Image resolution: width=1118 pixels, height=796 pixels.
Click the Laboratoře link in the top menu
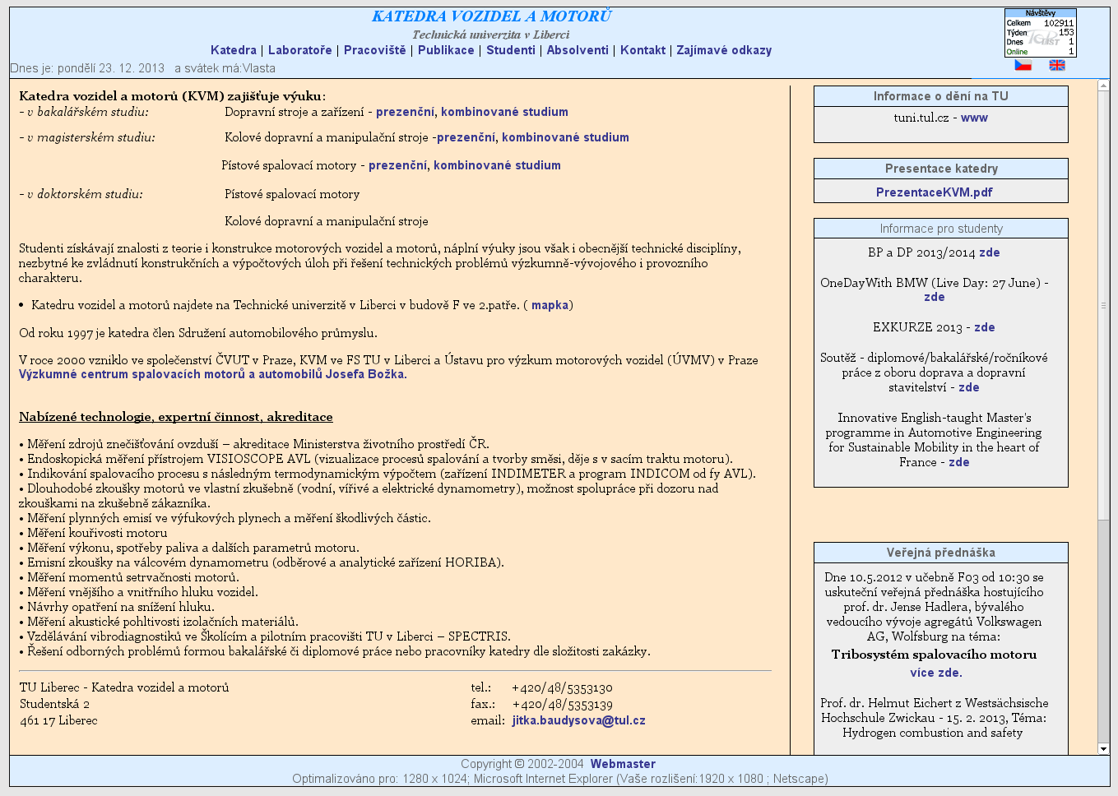[299, 50]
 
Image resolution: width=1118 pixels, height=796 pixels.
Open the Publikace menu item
[446, 50]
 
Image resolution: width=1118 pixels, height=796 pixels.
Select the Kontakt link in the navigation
[643, 50]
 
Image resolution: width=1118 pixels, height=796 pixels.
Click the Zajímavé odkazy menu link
[724, 50]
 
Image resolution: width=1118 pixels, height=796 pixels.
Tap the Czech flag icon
[1023, 65]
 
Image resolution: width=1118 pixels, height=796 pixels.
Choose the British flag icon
[1057, 65]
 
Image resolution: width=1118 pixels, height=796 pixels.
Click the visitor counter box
[1040, 33]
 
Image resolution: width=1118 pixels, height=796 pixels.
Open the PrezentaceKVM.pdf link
[934, 192]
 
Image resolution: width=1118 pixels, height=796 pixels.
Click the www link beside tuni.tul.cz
[974, 118]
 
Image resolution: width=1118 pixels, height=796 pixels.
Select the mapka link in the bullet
[550, 305]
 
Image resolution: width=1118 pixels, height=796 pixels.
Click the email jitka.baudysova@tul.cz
[578, 720]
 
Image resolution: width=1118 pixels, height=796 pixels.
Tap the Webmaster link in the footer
[623, 764]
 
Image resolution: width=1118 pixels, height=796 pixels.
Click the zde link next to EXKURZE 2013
[985, 327]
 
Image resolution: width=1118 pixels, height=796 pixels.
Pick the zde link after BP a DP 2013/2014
[990, 252]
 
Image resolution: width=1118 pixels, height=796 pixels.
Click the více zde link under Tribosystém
[935, 673]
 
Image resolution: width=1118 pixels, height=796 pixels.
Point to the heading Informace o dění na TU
[940, 96]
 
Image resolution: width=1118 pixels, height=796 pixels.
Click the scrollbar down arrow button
[1103, 749]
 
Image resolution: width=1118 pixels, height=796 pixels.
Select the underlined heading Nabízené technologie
[176, 417]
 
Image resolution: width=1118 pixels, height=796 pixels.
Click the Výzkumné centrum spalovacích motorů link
[212, 374]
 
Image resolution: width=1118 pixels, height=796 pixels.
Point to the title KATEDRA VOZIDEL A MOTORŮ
[491, 16]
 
